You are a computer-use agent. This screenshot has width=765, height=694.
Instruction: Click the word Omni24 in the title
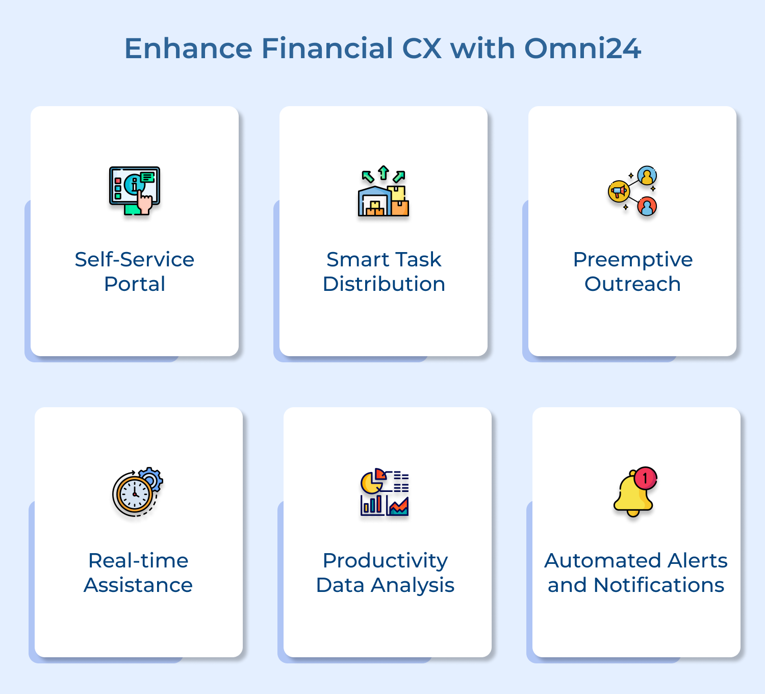(x=582, y=48)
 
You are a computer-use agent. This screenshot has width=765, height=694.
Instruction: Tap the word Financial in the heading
(x=327, y=48)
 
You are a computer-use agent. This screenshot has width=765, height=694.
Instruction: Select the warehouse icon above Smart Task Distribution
(x=376, y=202)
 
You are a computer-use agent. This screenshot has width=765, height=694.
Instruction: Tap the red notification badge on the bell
(x=646, y=478)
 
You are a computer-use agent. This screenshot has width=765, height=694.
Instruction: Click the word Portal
(x=134, y=284)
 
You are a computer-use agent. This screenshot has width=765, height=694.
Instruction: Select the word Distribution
(x=384, y=284)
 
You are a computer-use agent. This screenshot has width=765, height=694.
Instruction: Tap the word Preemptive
(x=632, y=260)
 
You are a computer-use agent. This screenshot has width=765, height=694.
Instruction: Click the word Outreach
(x=632, y=284)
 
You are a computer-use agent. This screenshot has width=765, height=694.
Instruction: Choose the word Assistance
(x=138, y=585)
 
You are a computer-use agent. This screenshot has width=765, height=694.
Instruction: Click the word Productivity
(x=385, y=561)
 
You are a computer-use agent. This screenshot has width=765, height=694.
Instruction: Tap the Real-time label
(x=138, y=561)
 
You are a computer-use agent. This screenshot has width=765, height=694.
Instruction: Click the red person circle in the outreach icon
(x=647, y=207)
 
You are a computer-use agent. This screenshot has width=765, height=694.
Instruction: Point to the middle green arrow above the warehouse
(x=384, y=173)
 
